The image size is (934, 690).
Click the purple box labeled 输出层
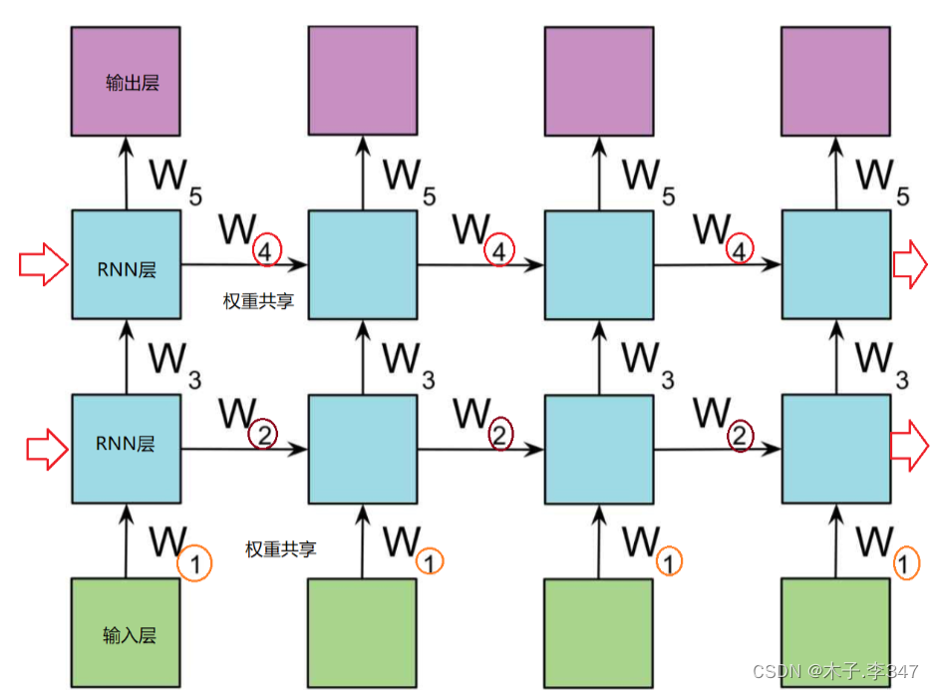126,81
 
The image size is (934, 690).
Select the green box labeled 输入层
126,633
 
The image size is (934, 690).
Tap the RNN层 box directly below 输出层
126,264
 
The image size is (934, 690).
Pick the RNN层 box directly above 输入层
126,449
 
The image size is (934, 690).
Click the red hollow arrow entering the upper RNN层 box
43,265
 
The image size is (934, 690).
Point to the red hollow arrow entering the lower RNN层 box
46,451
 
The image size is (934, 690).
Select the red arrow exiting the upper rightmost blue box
908,265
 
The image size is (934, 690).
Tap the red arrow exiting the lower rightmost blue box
908,444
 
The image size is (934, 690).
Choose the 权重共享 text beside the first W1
281,549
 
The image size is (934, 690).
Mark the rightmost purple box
834,81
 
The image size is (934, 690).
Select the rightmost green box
834,633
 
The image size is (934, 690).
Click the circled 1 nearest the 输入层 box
194,565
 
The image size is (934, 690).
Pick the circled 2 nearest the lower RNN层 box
263,435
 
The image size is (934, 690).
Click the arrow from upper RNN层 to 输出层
126,172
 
